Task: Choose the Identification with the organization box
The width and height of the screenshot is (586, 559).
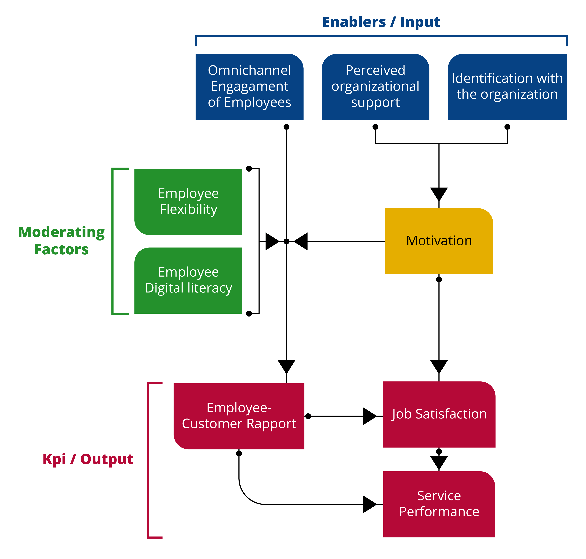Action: click(x=507, y=86)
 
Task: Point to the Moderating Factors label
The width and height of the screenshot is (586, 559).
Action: click(x=61, y=241)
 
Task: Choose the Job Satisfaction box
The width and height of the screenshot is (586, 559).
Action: click(x=439, y=414)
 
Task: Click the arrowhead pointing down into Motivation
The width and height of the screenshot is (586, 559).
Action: click(x=439, y=194)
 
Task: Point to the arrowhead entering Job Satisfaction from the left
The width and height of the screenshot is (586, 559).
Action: click(x=369, y=416)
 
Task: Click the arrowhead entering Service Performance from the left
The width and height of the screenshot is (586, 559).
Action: click(x=369, y=504)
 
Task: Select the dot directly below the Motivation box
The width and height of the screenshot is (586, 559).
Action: click(x=439, y=279)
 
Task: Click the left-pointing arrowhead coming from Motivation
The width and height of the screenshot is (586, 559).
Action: click(x=301, y=241)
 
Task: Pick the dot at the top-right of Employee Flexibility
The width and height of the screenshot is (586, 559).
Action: click(x=249, y=169)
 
